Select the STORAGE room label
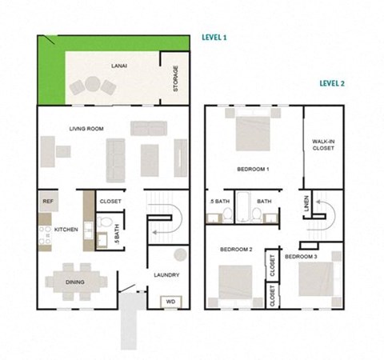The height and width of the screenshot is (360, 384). (176, 78)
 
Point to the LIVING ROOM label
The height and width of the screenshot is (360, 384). (86, 128)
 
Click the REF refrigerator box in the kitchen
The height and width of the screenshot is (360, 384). (48, 202)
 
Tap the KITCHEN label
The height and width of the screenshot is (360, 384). (66, 230)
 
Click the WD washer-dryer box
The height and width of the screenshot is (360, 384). (170, 302)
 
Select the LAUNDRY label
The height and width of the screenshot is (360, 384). (167, 275)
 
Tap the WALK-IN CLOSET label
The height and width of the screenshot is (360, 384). (322, 145)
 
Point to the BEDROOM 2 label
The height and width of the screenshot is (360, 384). (236, 250)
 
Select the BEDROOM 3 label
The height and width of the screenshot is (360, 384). (302, 256)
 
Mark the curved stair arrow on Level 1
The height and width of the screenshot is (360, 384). (165, 224)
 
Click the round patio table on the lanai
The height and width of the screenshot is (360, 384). (91, 83)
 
